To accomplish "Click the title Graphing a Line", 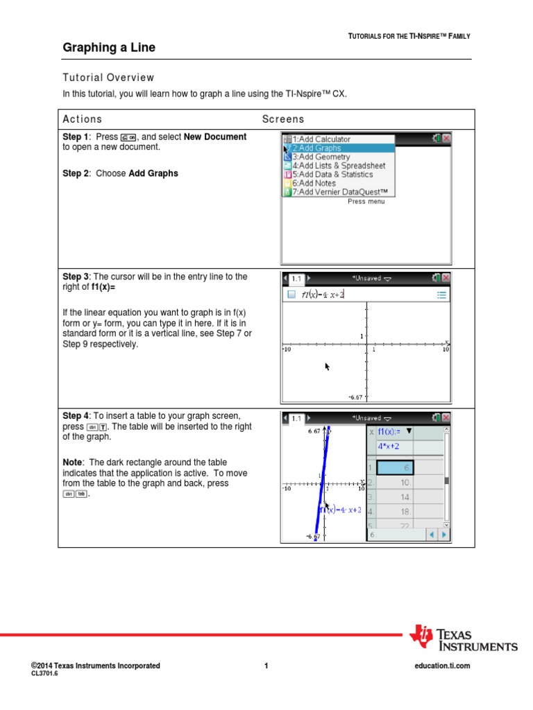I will (x=109, y=48).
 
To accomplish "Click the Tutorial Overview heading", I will (x=108, y=78).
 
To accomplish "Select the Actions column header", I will (x=82, y=119).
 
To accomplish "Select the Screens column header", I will (x=283, y=119).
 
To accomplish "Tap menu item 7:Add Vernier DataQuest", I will (x=340, y=192).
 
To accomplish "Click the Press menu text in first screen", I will (x=366, y=202).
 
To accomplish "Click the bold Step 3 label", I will (x=76, y=277).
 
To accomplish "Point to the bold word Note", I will (x=72, y=462).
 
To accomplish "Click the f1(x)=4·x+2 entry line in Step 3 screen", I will (x=323, y=295).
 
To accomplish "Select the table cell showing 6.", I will (x=395, y=469).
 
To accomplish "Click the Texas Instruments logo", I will (x=463, y=638).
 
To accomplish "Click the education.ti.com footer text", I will (x=441, y=666).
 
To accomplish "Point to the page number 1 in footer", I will (x=266, y=666).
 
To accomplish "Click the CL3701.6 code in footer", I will (x=44, y=673).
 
